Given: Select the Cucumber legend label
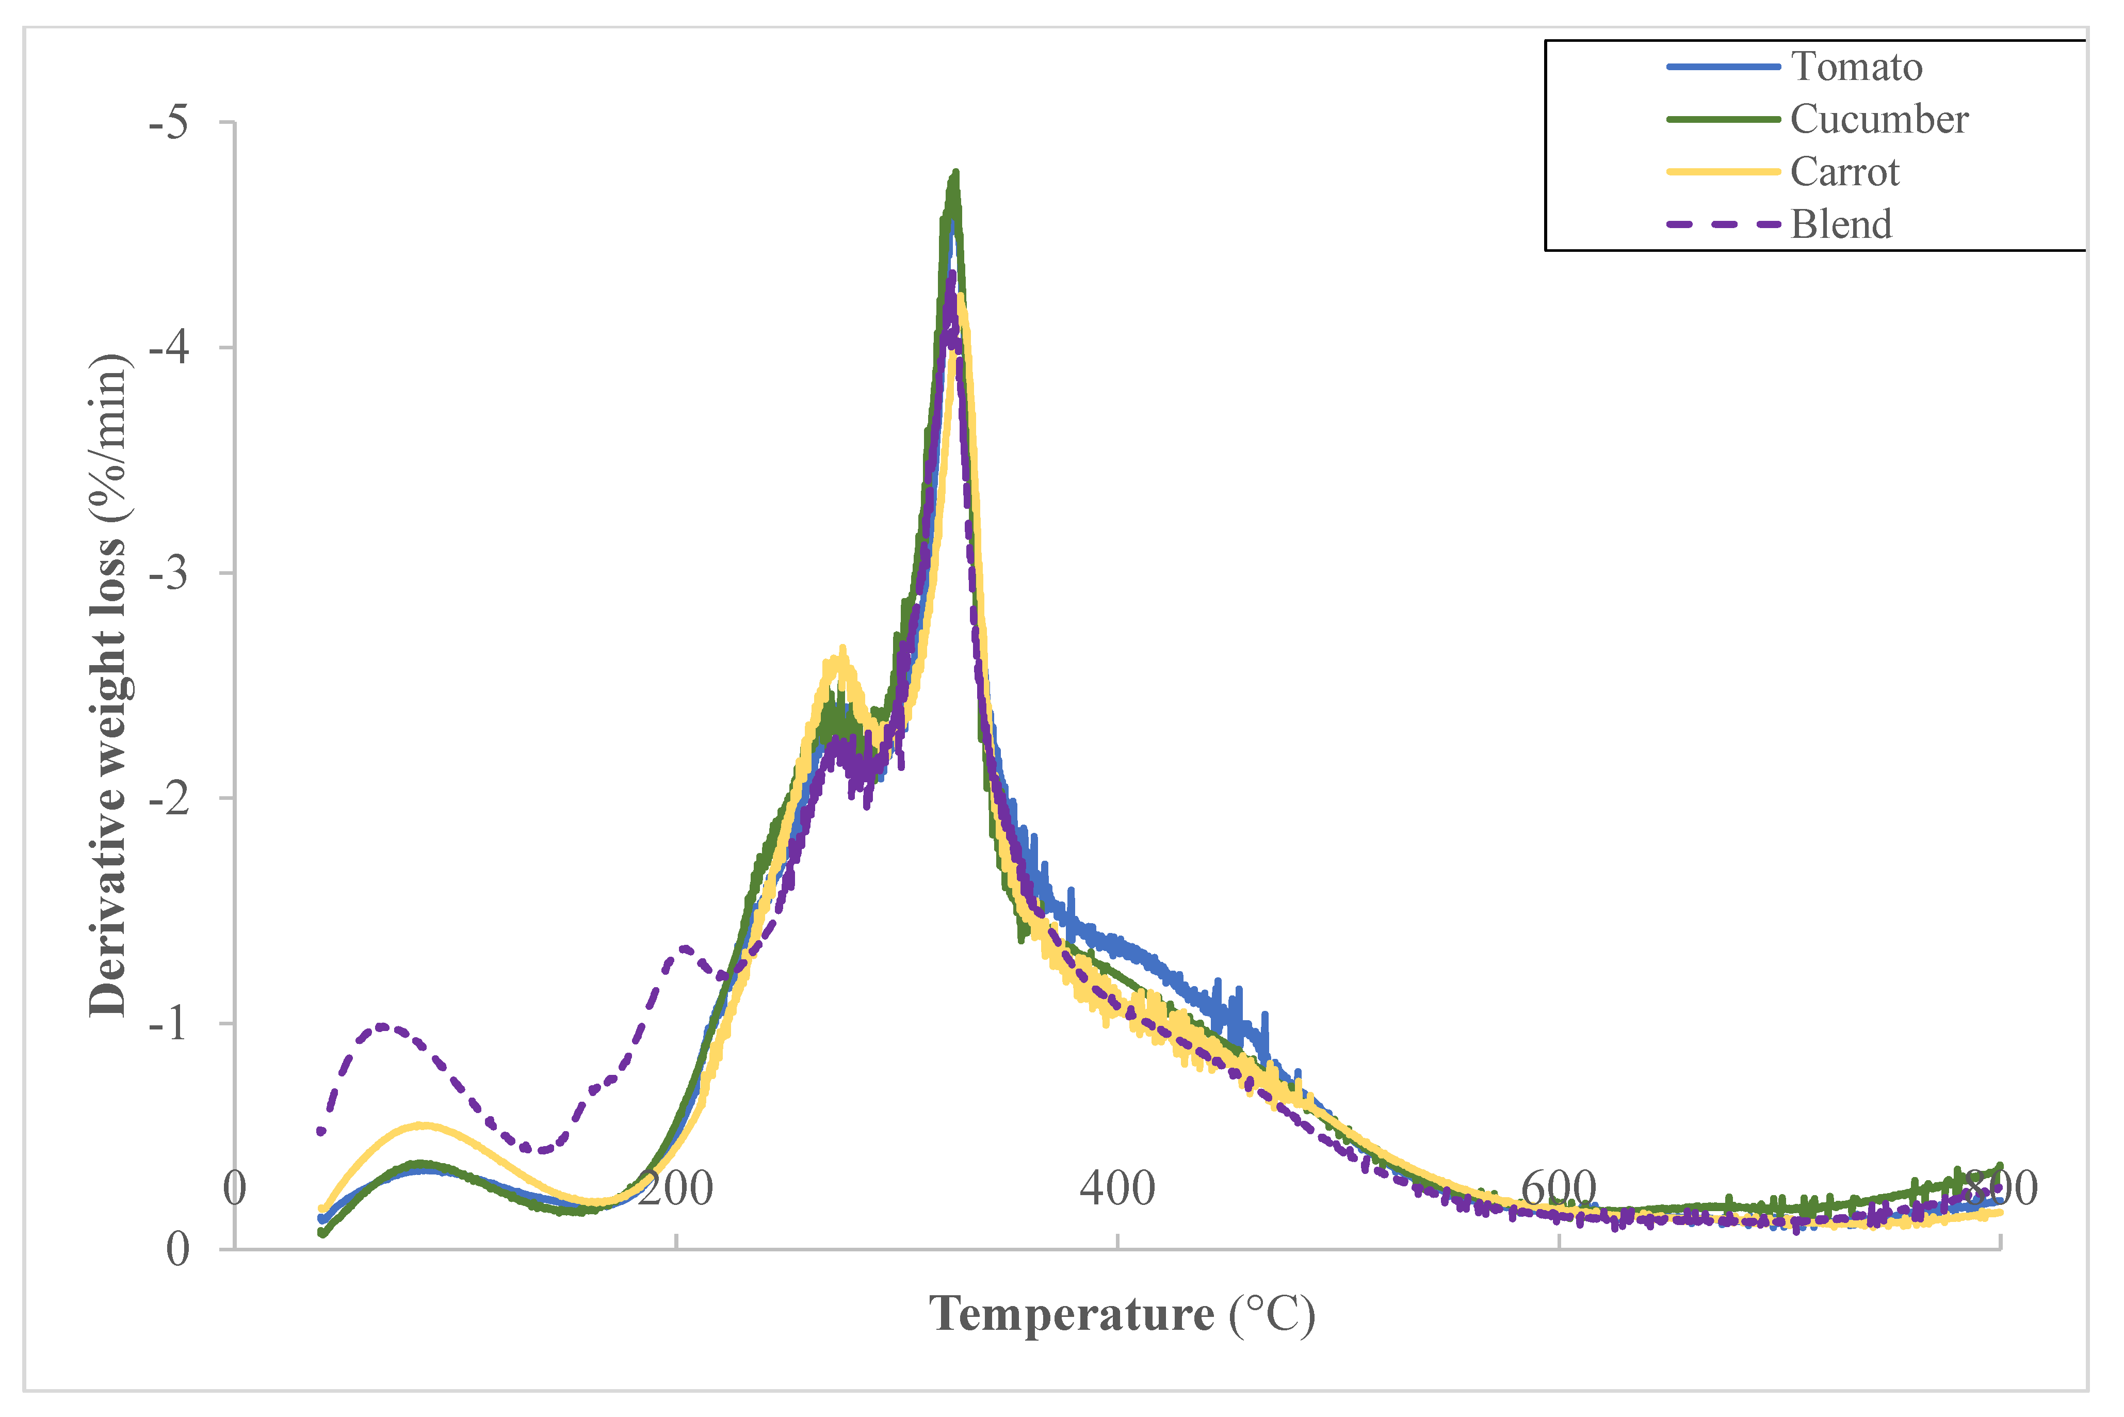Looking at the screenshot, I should pyautogui.click(x=1878, y=119).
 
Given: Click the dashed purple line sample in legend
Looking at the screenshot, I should pyautogui.click(x=1722, y=224).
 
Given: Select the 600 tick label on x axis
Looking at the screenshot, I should pyautogui.click(x=1559, y=1188).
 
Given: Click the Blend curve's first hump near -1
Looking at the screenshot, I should pyautogui.click(x=382, y=1026).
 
